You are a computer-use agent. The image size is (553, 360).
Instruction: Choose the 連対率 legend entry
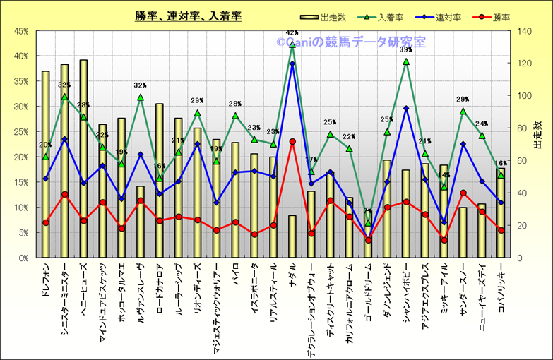click(448, 17)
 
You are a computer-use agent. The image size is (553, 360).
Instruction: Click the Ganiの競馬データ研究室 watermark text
click(351, 42)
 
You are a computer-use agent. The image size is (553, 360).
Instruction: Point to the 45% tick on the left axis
click(19, 31)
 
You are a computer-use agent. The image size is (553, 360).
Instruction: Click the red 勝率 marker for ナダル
click(292, 141)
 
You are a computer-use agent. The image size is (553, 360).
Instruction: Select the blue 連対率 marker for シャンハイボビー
click(406, 109)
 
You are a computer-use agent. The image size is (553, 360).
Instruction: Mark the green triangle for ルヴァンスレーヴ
click(141, 97)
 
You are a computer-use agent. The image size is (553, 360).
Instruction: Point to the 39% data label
click(406, 50)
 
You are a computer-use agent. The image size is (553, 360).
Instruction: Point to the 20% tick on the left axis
click(19, 157)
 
